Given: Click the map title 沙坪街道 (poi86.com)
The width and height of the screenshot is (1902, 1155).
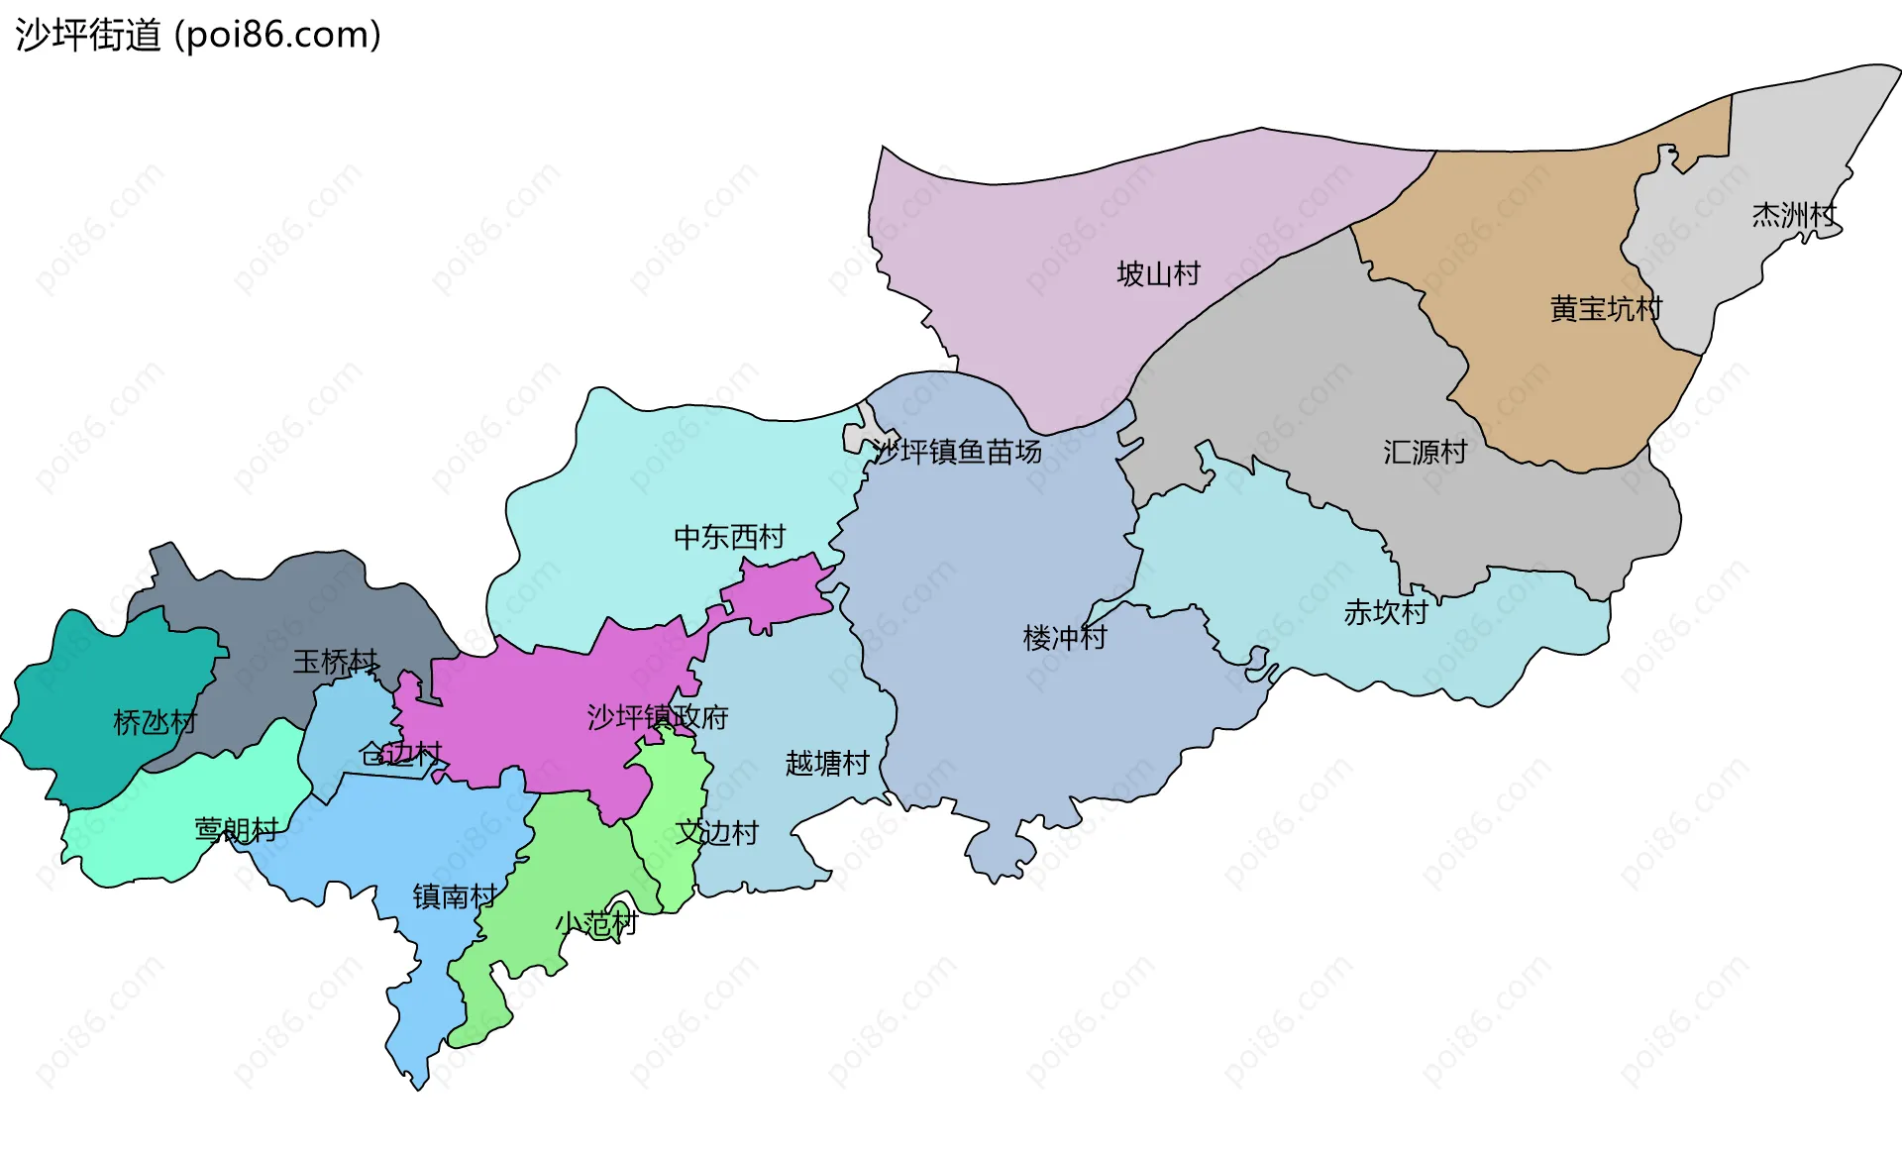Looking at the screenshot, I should coord(198,36).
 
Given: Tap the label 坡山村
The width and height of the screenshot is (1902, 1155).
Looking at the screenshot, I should coord(1158,273).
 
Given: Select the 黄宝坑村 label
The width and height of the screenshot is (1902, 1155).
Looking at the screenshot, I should coord(1605,309).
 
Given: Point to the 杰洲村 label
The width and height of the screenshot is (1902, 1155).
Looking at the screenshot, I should coord(1793,215).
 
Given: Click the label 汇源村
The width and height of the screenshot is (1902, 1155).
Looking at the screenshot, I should coord(1425,453).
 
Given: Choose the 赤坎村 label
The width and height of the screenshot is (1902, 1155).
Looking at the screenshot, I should coord(1385,613).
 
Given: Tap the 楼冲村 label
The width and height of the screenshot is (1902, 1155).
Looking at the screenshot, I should coord(1064,637).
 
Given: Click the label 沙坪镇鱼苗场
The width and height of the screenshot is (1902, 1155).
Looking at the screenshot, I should coord(957,452).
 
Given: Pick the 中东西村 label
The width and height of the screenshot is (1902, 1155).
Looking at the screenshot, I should coord(729,537).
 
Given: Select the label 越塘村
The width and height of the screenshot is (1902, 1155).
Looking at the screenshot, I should coord(826,763).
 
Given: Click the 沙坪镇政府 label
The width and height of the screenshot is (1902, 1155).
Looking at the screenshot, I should coord(657,716).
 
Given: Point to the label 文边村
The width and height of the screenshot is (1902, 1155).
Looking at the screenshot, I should coord(716,832).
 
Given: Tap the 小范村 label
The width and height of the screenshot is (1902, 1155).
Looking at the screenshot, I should coord(595,924).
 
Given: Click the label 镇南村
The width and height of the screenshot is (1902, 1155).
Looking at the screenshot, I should coord(454,896).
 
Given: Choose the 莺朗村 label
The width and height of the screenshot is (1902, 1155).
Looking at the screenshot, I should coord(236,829).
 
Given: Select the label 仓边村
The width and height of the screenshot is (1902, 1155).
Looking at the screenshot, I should coord(400,754).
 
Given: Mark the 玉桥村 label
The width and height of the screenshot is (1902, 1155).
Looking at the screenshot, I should coord(335,662).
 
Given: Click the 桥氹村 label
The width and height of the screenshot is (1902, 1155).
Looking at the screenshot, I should coord(155,722).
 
